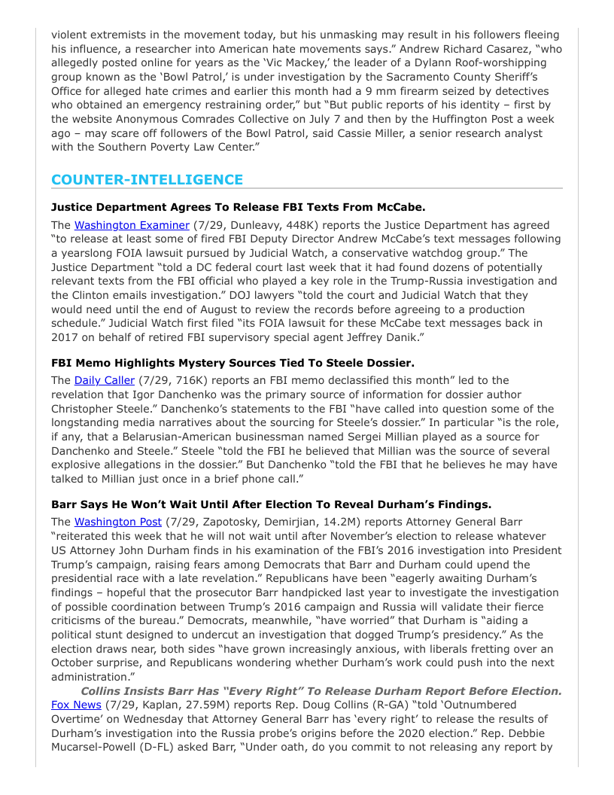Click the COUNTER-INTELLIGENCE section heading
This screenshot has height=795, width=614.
click(x=147, y=180)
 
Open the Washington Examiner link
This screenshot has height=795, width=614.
click(x=132, y=225)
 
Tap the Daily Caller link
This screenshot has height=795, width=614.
click(x=104, y=380)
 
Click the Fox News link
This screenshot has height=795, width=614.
click(x=76, y=705)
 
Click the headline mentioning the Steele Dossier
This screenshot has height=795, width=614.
click(x=233, y=363)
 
